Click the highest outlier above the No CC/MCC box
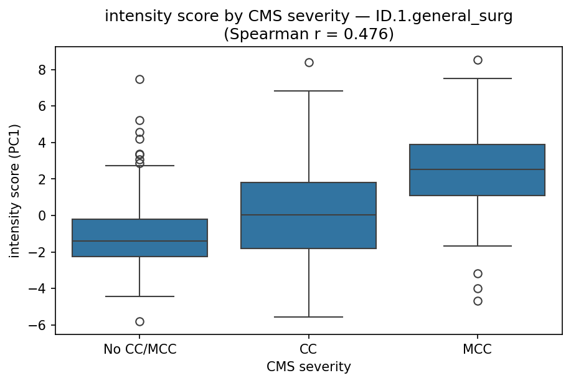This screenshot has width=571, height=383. coord(139,79)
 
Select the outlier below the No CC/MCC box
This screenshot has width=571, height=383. coord(139,321)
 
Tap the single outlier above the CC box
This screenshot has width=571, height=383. coord(309,62)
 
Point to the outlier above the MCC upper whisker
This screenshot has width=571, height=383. coord(478,60)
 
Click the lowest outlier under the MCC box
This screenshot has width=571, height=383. coord(478,301)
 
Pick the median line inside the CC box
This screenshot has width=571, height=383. coord(309,215)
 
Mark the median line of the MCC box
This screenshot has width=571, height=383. coord(478,169)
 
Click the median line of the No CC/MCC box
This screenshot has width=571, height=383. coord(139,241)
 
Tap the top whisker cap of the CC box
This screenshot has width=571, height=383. coord(309,91)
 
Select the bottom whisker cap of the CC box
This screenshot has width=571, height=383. coord(309,317)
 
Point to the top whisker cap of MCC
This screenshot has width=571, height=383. coord(478,78)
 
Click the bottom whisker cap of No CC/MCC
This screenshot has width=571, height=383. coord(139,296)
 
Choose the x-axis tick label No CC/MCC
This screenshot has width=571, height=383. coord(139,349)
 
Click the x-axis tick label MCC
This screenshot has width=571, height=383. coord(478,349)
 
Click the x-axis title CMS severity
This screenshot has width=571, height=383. coord(309,367)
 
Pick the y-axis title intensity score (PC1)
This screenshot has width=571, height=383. coord(15,191)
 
